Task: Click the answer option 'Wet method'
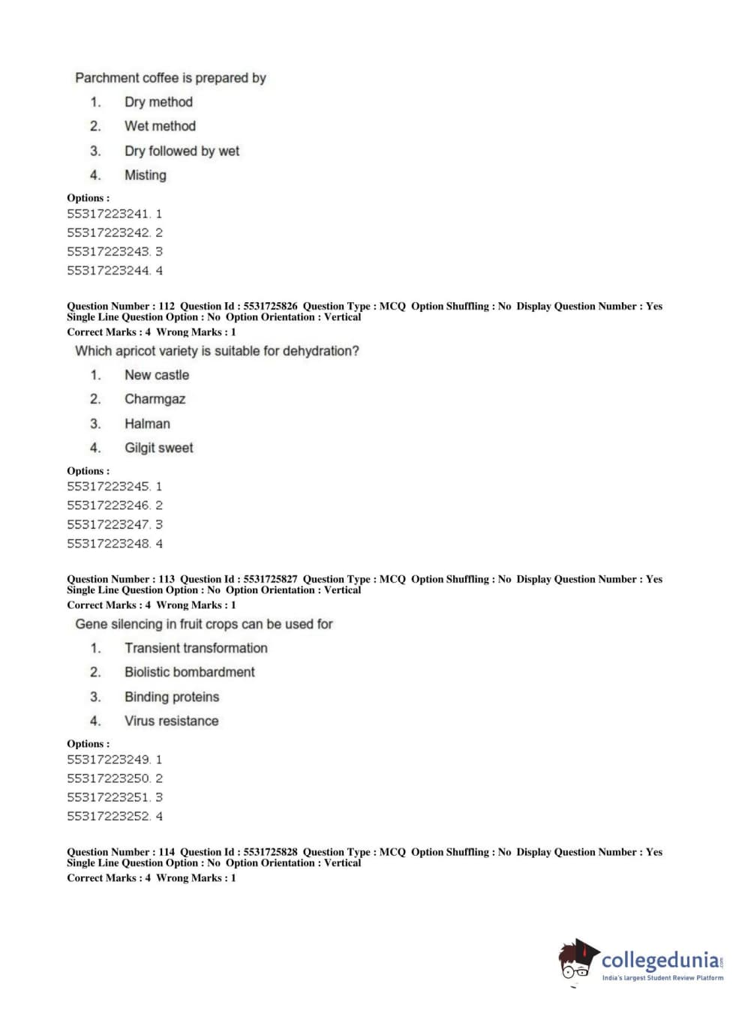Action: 160,126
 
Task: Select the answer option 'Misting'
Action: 146,175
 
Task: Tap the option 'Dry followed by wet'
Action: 182,151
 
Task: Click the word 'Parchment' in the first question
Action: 106,78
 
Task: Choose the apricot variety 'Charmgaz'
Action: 155,399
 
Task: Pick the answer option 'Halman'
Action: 147,424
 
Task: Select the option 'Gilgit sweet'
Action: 158,448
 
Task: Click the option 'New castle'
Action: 157,375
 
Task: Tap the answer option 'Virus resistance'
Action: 171,721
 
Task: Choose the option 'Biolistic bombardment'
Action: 189,672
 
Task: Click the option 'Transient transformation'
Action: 196,648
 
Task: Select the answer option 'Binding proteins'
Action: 172,697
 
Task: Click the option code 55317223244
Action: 108,271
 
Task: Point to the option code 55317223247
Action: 108,525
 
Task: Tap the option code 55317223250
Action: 108,778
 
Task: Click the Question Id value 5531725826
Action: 270,306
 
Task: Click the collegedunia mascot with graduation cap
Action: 578,960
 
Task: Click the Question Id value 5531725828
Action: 270,852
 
